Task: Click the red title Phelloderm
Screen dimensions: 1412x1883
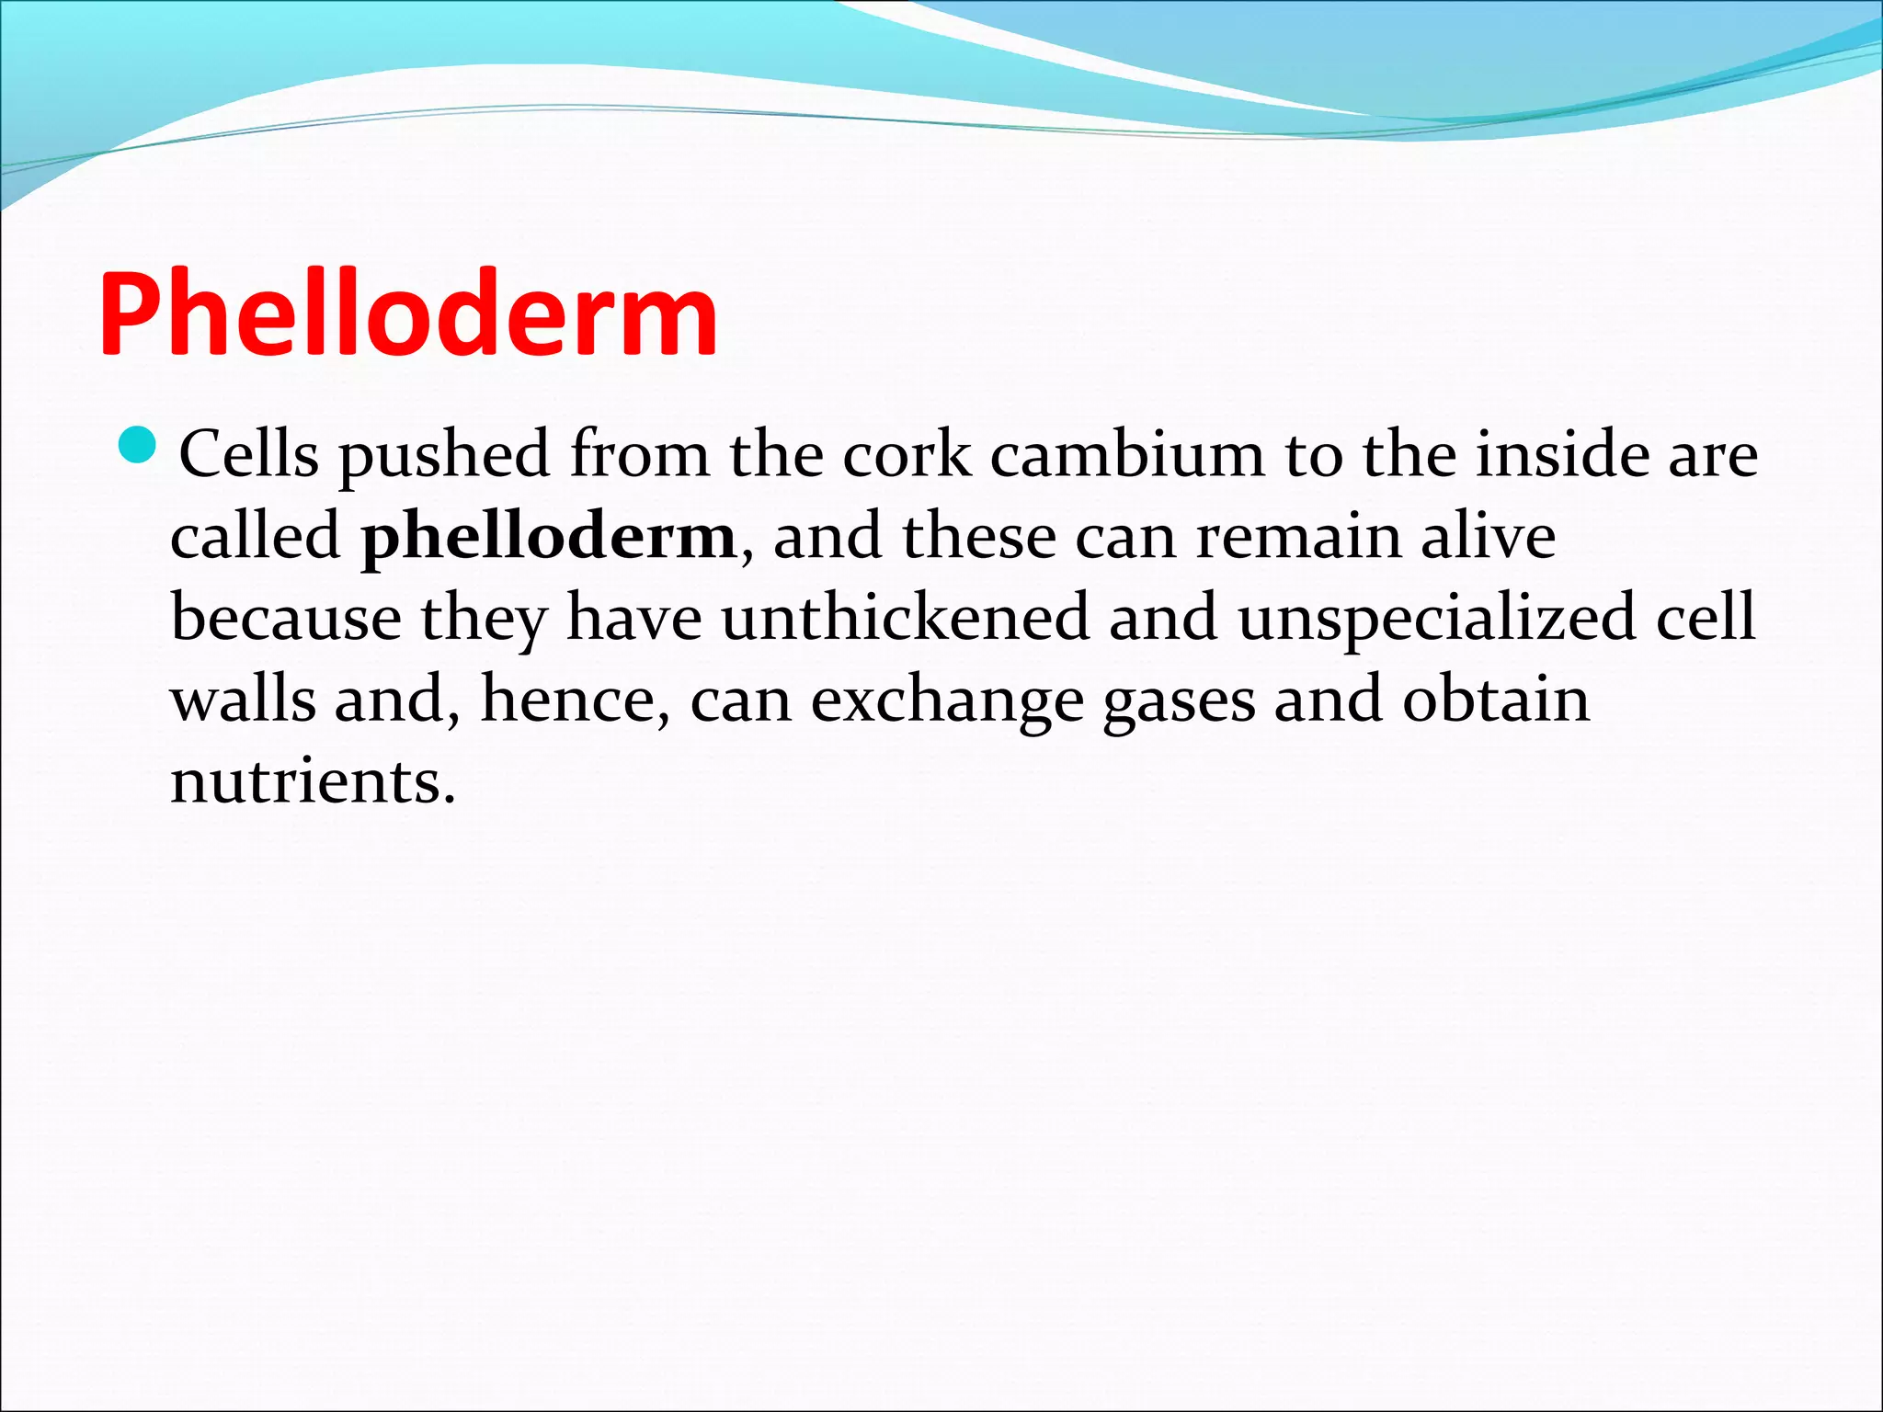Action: [x=407, y=314]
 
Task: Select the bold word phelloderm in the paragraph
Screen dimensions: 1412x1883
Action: [x=549, y=536]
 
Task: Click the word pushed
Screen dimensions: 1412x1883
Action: [x=444, y=455]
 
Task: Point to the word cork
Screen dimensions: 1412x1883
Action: [x=907, y=454]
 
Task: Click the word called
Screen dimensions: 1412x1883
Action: [x=256, y=536]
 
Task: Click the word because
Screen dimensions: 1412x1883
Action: [x=286, y=618]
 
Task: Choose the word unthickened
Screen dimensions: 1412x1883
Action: [x=905, y=618]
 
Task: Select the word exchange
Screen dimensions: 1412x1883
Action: [x=947, y=701]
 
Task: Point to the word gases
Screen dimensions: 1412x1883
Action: [x=1179, y=701]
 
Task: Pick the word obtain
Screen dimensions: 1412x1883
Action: [x=1496, y=700]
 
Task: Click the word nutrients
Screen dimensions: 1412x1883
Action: [x=313, y=781]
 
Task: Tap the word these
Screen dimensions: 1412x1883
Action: [x=979, y=536]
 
